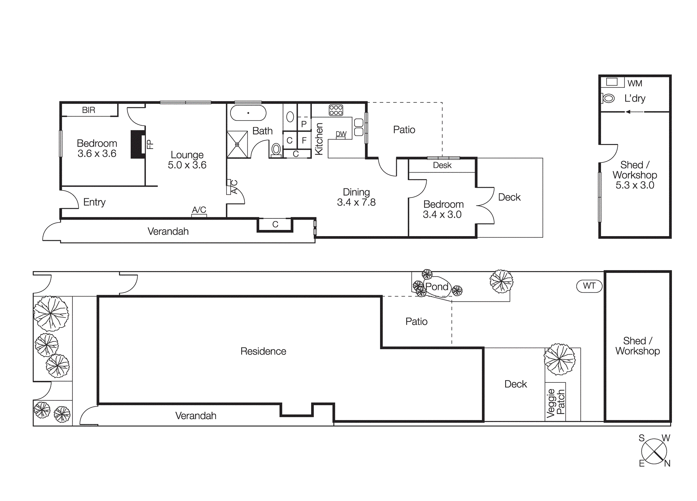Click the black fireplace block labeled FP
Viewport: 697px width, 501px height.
pos(138,144)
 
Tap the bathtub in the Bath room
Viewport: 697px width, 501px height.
pos(248,113)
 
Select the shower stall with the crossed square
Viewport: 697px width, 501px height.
pos(237,144)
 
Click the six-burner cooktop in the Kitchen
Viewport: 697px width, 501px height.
pos(336,110)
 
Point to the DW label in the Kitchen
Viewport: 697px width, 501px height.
pos(341,134)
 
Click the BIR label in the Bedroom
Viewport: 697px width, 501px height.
pos(88,110)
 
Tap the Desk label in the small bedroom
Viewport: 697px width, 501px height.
pos(442,165)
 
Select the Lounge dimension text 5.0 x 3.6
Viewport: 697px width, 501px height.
pos(187,165)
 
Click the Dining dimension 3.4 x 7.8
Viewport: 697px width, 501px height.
pos(356,202)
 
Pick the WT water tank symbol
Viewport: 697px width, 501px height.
pos(589,286)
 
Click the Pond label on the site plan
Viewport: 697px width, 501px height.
pos(437,287)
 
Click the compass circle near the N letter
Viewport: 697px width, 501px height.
pos(654,451)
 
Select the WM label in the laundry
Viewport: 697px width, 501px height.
pos(635,84)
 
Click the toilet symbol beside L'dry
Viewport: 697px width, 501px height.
pos(609,98)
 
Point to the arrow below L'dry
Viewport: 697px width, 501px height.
pos(634,112)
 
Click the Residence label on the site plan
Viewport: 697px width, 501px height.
pos(263,351)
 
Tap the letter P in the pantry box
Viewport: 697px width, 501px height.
pos(304,124)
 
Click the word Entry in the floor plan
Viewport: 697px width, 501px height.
pos(94,202)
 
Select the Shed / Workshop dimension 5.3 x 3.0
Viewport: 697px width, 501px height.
pos(635,185)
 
